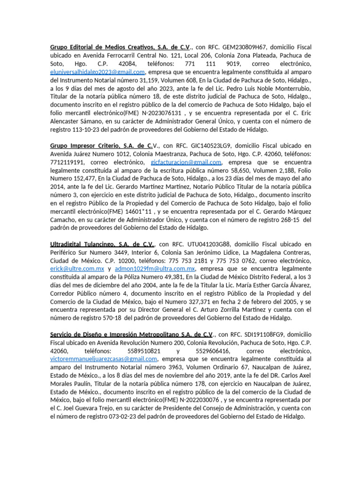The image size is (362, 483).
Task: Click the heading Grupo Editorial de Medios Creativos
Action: tap(120, 47)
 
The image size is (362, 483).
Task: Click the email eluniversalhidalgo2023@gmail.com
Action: tap(98, 72)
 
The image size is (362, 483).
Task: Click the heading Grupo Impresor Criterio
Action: tap(101, 145)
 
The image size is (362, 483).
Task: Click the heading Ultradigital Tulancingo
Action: tap(102, 244)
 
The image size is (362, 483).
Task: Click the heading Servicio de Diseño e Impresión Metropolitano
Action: tap(132, 334)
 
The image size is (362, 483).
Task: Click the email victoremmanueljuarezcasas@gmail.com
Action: tap(103, 358)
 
